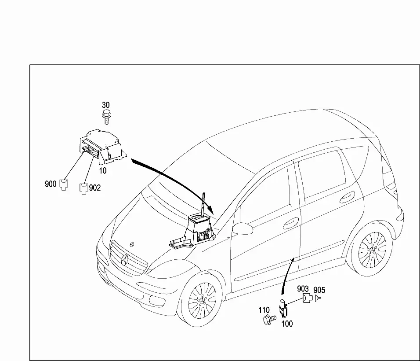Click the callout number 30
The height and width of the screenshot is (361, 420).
pos(106,105)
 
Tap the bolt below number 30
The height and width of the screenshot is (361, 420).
pos(106,117)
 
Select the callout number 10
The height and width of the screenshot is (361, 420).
pos(103,171)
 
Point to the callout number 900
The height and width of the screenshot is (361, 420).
pos(51,184)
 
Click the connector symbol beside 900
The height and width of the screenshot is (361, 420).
pos(64,184)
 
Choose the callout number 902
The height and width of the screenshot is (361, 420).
pos(95,188)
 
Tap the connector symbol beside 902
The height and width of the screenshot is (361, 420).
pos(83,189)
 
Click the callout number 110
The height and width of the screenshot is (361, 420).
pos(264,310)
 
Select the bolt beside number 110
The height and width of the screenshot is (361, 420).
pos(269,320)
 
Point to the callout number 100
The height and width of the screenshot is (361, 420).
pos(287,324)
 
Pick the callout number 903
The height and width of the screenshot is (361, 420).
pos(303,289)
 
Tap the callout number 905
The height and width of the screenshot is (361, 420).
pos(319,290)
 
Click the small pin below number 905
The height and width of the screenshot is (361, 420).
pos(318,298)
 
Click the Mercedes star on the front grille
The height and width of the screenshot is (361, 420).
pos(125,260)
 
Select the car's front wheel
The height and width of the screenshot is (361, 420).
pos(202,301)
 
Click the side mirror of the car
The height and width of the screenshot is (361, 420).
pos(243,228)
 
